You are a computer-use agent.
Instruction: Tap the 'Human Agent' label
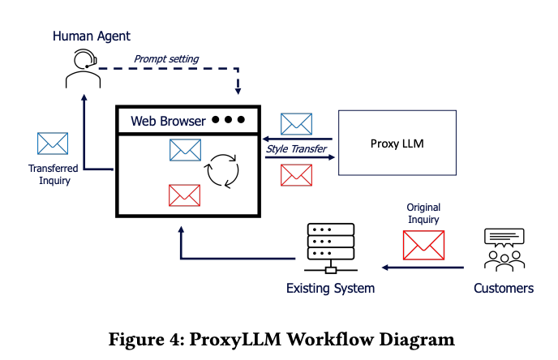(x=92, y=36)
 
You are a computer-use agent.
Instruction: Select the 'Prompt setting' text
(x=166, y=58)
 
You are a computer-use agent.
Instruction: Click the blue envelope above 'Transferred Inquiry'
(x=53, y=143)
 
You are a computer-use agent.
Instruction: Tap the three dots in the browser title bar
(x=228, y=120)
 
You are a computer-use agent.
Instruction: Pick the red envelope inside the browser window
(x=184, y=195)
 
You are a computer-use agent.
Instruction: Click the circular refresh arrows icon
(x=222, y=170)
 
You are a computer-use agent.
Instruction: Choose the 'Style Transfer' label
(x=297, y=148)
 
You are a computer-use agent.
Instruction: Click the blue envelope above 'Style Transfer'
(x=296, y=123)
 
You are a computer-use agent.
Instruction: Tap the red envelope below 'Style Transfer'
(x=296, y=174)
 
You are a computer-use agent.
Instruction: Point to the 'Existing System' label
(x=331, y=289)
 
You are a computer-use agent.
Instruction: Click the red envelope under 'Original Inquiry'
(x=423, y=245)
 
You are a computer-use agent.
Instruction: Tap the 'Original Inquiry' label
(x=423, y=213)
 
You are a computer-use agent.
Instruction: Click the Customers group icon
(x=504, y=249)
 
